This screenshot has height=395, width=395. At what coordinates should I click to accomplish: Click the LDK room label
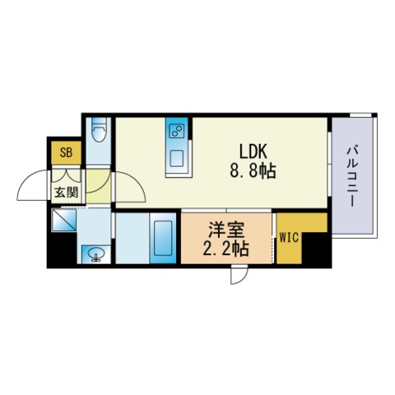253,151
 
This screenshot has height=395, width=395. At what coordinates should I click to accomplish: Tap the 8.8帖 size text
253,171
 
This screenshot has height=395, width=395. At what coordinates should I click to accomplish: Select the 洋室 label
226,230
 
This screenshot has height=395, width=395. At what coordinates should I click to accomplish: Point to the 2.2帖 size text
225,249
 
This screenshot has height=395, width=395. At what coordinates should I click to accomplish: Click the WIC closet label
289,238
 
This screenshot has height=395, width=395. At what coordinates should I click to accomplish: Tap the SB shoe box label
66,152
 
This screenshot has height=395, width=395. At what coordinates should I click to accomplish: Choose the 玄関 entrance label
67,193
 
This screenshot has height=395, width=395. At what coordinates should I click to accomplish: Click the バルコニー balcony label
352,177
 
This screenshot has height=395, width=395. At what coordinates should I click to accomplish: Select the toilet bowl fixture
99,130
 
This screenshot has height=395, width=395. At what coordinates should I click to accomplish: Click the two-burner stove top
177,131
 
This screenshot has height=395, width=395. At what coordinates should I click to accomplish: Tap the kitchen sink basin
176,159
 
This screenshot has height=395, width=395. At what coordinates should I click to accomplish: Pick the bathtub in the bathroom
163,238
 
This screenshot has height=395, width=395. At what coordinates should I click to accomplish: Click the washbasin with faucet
96,254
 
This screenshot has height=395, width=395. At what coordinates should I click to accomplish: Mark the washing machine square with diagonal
63,220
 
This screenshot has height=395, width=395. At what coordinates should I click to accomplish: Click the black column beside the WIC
316,249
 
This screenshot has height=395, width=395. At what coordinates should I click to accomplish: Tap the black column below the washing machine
62,249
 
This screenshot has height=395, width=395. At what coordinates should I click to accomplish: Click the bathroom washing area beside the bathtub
132,238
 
